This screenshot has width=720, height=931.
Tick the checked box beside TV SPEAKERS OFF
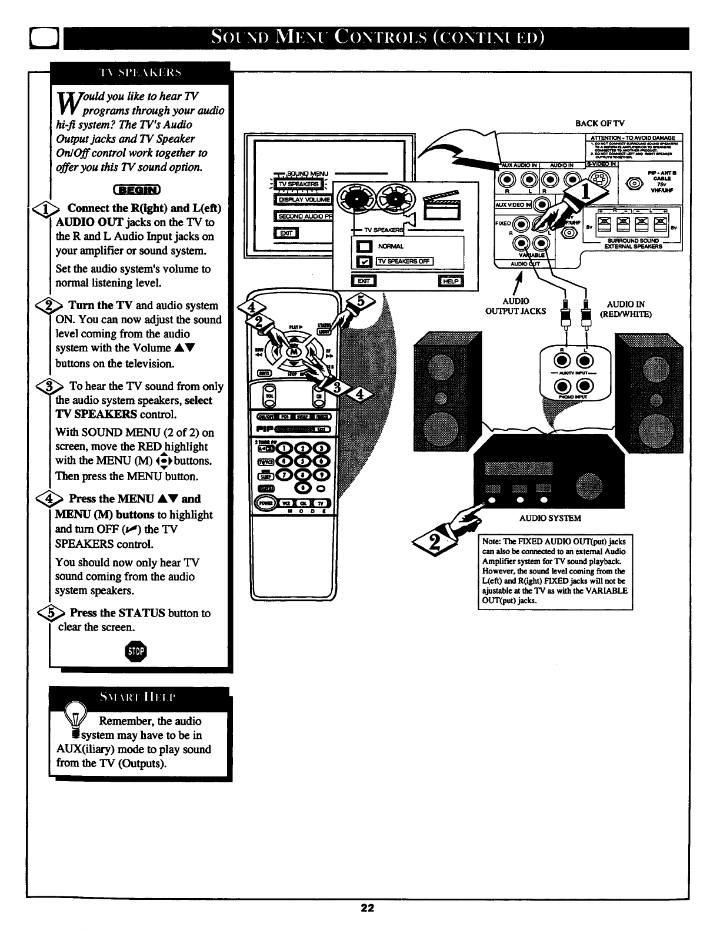363,262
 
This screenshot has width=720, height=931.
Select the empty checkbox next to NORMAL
363,246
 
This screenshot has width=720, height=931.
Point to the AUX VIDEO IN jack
542,205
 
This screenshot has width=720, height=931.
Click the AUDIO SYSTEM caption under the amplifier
550,518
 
